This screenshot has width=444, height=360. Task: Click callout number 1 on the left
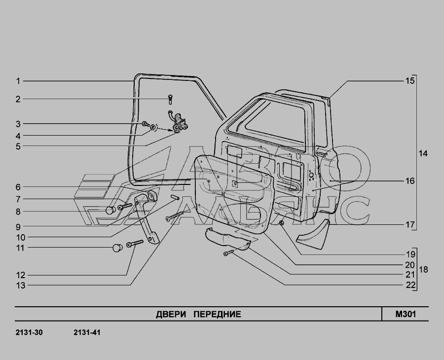coord(18,81)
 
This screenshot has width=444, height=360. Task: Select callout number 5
coord(18,146)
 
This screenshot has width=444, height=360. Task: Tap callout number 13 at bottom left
coord(21,286)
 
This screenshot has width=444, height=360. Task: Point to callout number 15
coord(410,81)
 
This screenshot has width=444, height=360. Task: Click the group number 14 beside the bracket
coord(423,154)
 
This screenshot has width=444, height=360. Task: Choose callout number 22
coord(410,285)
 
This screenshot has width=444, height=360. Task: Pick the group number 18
coord(423,270)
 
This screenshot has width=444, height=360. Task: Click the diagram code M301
coord(406,314)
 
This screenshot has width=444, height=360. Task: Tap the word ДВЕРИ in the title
coord(171,315)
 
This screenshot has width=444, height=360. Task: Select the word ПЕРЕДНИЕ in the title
coord(217,315)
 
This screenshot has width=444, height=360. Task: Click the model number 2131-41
coord(87,332)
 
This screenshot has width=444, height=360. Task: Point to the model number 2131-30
coord(29,332)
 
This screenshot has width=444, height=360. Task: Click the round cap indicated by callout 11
coord(117,248)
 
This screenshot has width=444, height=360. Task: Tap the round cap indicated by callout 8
coord(111,210)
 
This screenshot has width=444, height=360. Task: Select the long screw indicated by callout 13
coord(175,216)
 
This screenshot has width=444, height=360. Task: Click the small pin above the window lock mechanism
coord(170,99)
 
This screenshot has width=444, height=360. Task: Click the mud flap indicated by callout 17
coord(313,234)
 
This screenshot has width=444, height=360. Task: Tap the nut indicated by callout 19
coord(282,223)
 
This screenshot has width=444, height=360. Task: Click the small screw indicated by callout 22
coord(228,252)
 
